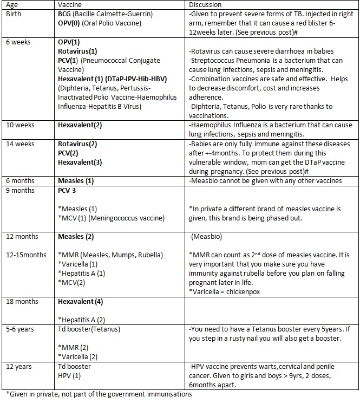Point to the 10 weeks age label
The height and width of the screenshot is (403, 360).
[x=20, y=125]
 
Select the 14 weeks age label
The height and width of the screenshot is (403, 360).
[x=20, y=144]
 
